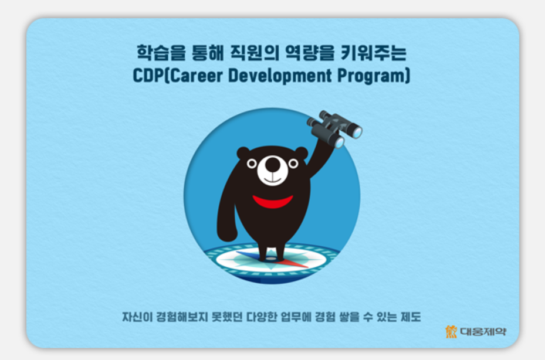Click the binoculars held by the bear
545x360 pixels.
tap(334, 128)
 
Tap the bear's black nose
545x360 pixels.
tap(272, 164)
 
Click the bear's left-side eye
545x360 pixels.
tap(252, 164)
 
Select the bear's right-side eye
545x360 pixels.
tap(293, 164)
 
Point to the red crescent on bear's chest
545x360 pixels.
tap(273, 202)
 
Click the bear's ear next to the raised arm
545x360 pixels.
tap(301, 153)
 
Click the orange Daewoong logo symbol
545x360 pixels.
tap(451, 332)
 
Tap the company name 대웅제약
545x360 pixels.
tap(483, 332)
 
